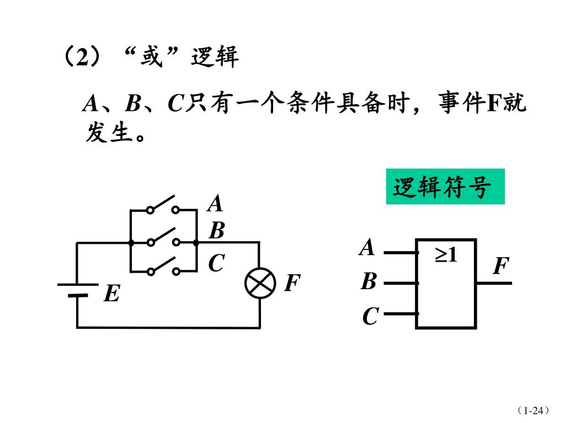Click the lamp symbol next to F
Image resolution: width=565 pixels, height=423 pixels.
point(260,284)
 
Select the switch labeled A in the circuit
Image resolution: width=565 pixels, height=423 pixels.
point(163,205)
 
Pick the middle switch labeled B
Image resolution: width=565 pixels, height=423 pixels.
point(163,237)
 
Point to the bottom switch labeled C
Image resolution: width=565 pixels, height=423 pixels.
point(163,267)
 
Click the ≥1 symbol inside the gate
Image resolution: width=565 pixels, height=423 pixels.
point(447,255)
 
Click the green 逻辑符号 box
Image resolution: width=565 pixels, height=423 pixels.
point(445,187)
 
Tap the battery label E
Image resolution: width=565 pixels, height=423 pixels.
point(112,294)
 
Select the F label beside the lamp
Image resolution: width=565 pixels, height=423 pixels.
point(292,284)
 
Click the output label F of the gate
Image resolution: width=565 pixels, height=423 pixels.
point(500,267)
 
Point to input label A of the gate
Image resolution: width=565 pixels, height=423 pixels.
point(367,248)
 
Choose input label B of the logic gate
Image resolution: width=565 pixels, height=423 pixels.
point(368,282)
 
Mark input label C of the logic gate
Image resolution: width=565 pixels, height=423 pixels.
point(370,317)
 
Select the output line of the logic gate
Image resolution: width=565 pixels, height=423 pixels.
point(494,283)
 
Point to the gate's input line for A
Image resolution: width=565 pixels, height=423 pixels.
point(400,253)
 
